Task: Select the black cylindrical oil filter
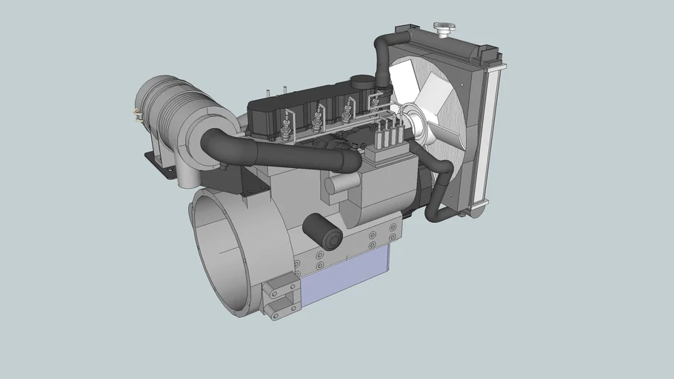[x=323, y=231]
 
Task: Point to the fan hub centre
[x=411, y=123]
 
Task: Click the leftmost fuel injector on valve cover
[x=285, y=126]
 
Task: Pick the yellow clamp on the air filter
[x=136, y=114]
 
